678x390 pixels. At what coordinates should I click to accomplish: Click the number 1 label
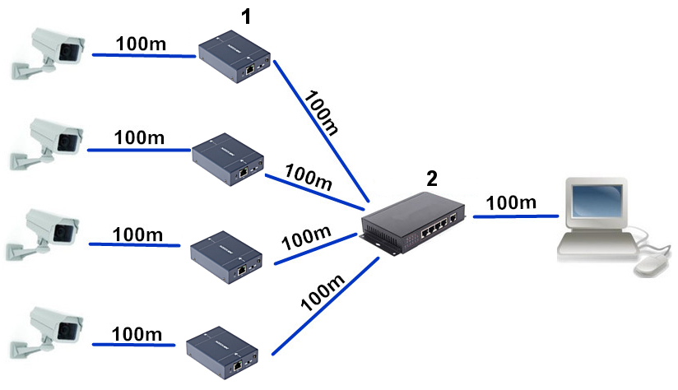click(x=244, y=16)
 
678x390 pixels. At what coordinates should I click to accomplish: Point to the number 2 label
click(x=432, y=179)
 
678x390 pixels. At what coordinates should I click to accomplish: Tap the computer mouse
click(x=651, y=263)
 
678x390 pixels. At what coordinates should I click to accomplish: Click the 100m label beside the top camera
click(x=143, y=44)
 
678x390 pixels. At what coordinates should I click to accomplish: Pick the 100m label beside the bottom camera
click(x=137, y=333)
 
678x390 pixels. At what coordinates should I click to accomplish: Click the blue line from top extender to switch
click(x=321, y=132)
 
